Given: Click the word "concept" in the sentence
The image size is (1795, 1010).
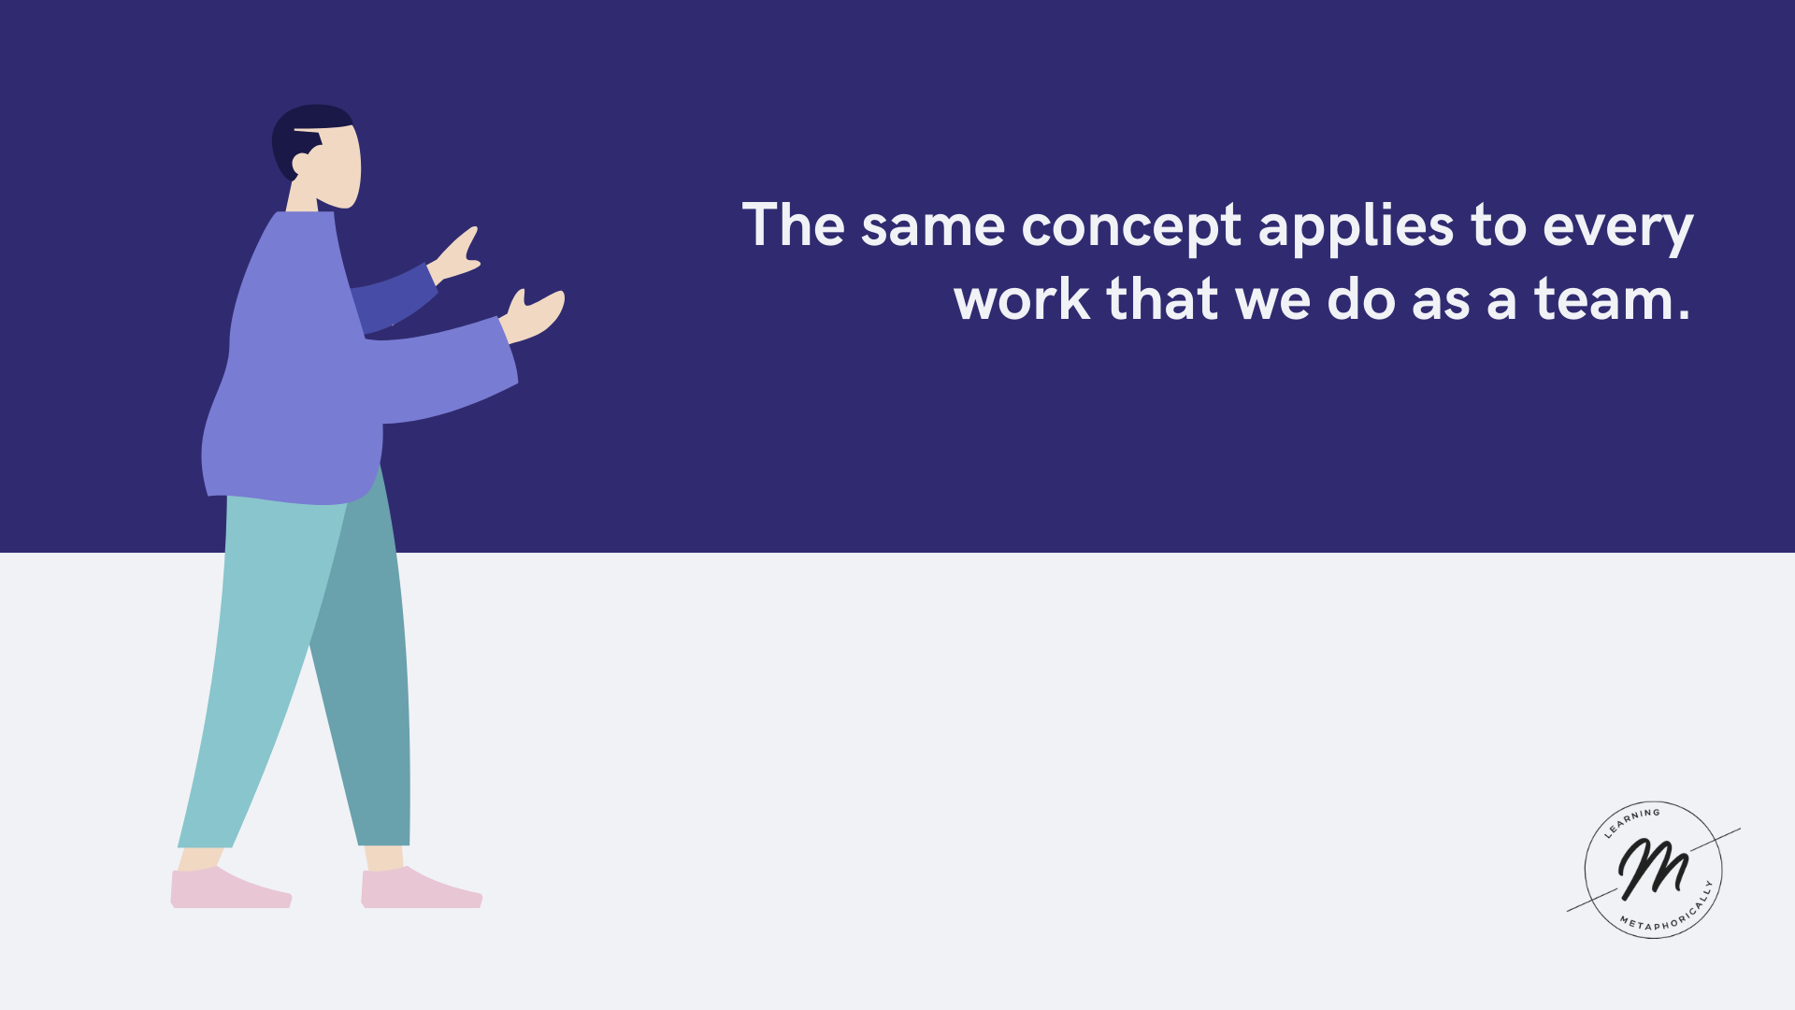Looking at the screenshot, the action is click(x=1131, y=227).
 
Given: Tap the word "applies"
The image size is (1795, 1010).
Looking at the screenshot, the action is click(x=1356, y=227).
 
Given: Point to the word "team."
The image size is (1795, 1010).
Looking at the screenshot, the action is click(x=1613, y=300).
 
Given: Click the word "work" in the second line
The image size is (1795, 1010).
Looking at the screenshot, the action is click(x=1022, y=300).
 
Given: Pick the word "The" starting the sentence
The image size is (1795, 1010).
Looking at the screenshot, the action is click(x=794, y=224).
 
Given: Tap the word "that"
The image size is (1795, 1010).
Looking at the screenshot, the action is click(x=1162, y=299).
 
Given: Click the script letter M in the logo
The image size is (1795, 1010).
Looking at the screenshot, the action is click(x=1653, y=868).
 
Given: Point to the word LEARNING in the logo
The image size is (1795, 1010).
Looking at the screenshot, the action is click(x=1631, y=821).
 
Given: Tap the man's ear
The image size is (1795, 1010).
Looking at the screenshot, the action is click(x=301, y=165).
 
